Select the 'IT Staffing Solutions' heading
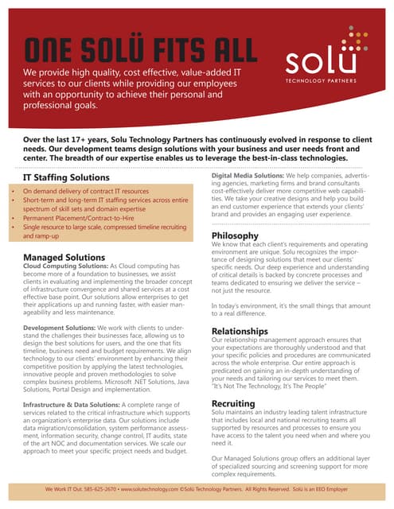[x=65, y=177]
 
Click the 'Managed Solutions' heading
[x=64, y=258]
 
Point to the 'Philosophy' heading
[x=235, y=235]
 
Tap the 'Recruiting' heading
[x=233, y=404]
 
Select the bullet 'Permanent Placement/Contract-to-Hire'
[x=74, y=214]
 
